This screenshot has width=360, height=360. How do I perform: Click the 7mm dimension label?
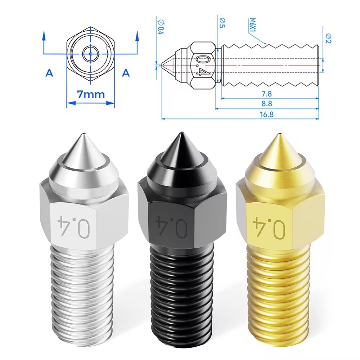(91, 94)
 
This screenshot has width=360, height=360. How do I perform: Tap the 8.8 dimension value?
(267, 103)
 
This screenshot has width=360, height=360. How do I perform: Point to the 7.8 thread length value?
(267, 94)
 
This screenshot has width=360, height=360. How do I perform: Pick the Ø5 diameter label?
(222, 23)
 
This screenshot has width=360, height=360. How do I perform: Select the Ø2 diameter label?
(328, 36)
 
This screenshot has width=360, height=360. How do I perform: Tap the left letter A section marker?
(49, 73)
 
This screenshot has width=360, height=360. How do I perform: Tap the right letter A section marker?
(126, 73)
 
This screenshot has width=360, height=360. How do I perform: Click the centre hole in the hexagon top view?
(91, 54)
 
